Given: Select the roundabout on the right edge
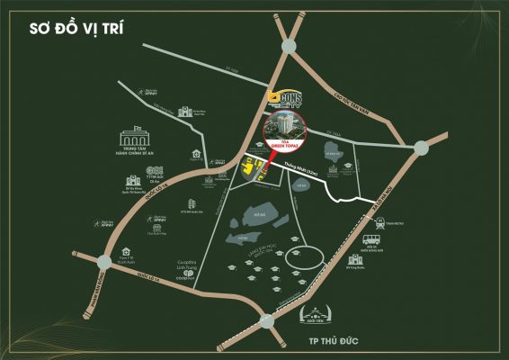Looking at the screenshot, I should [x=421, y=147].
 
